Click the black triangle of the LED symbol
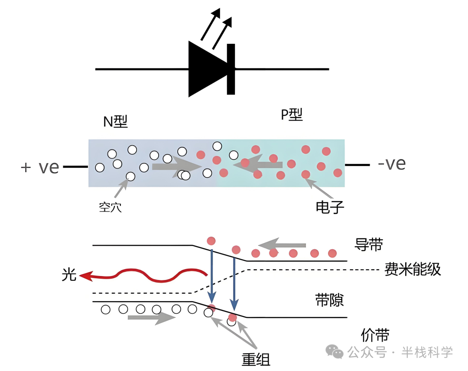tap(206, 69)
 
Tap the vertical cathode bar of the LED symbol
tap(231, 69)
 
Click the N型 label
tap(115, 122)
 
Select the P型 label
tap(291, 115)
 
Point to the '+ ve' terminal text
tap(39, 167)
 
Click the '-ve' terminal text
tap(391, 164)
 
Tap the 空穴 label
tap(110, 207)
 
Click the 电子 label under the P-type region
tap(330, 208)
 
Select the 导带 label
tap(369, 244)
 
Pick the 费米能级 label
tap(413, 270)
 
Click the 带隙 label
tap(329, 299)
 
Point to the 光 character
tap(69, 274)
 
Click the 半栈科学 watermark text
tap(427, 352)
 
